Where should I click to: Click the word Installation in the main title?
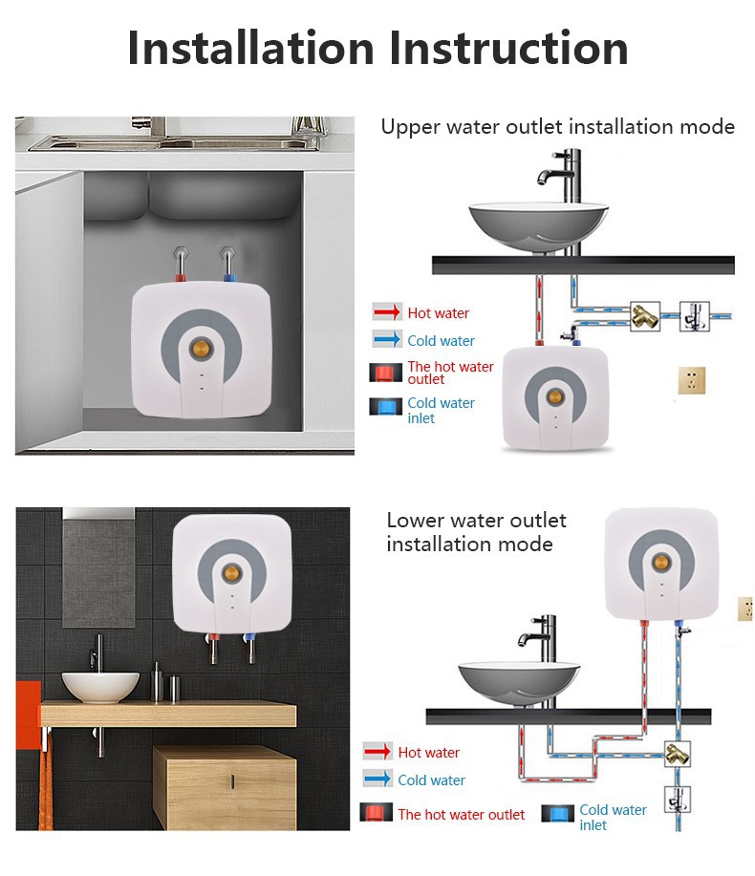251,48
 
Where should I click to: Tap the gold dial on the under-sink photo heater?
202,349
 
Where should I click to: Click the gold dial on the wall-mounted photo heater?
232,572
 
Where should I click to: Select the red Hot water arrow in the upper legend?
387,311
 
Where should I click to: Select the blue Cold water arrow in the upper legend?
387,339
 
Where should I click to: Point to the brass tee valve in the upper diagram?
645,317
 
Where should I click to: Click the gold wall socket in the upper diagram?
692,380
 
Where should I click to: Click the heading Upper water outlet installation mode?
558,127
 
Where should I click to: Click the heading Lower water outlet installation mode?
476,532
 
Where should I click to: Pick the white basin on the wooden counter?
100,686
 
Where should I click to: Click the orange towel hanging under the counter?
45,782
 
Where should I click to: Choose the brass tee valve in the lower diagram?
678,755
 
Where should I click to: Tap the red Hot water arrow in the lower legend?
377,752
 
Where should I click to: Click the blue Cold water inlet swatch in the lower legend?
558,813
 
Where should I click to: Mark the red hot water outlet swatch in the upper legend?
385,373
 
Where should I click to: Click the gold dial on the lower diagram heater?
661,562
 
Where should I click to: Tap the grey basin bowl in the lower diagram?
519,684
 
